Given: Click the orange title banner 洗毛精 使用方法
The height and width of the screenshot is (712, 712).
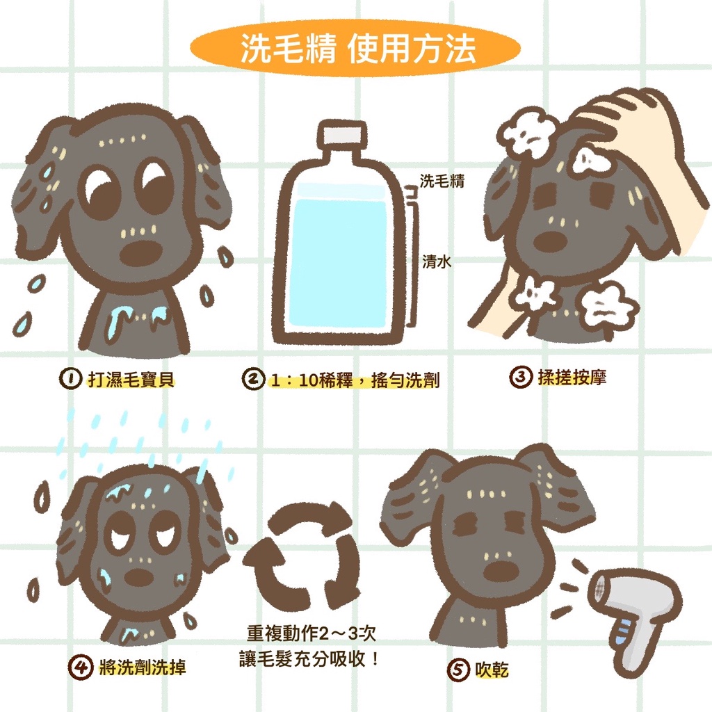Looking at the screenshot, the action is (x=355, y=49).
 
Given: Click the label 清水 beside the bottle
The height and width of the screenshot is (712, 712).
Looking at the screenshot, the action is (x=437, y=261).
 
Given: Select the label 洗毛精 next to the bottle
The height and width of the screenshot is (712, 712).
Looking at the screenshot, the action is (x=442, y=181).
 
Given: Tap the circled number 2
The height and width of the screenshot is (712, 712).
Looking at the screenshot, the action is (x=253, y=379).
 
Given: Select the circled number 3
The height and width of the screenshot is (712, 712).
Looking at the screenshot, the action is (x=520, y=378).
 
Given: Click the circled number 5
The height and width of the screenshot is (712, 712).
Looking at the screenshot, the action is (x=458, y=670).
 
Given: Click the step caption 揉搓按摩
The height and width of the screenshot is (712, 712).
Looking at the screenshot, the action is (x=572, y=378).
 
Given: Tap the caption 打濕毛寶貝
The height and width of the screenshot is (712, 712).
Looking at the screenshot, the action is (x=131, y=379).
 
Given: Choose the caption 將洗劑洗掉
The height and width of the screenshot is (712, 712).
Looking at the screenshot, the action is (x=142, y=667).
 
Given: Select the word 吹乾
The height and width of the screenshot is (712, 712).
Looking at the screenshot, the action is (x=492, y=670).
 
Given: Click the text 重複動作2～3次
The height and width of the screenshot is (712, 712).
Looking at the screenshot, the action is (x=311, y=633).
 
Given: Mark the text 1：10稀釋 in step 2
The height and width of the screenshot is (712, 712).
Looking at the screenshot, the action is (x=311, y=380).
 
